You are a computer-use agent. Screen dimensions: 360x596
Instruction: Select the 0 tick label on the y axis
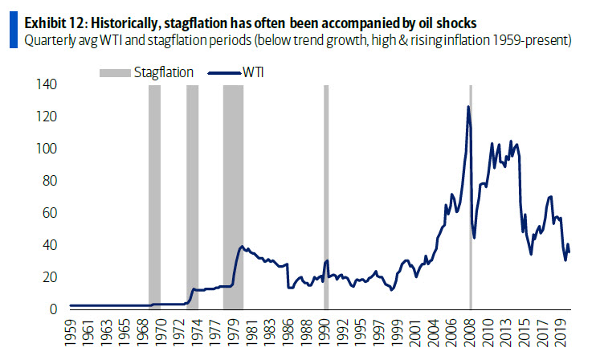click(x=53, y=309)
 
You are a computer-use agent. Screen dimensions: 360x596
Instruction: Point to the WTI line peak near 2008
click(x=467, y=107)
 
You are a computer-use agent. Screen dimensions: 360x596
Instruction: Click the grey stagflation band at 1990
click(x=326, y=193)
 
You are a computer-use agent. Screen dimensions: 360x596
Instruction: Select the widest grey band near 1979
click(x=233, y=193)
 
